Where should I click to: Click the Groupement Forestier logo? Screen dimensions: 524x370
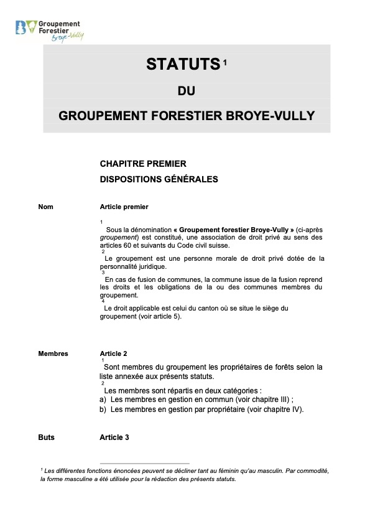coord(49,29)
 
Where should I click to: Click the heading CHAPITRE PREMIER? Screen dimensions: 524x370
coord(142,164)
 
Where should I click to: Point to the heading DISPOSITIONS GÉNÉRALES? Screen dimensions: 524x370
coord(159,179)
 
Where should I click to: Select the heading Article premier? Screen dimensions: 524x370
coord(124,207)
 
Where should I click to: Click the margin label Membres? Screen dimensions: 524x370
coord(53,353)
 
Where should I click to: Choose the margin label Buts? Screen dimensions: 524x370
coord(46,437)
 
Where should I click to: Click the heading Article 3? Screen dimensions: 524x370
coord(114,437)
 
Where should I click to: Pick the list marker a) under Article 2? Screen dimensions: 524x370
coord(103,400)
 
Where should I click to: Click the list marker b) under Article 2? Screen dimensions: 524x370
coord(103,409)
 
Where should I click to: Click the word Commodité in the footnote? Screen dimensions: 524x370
coord(311,471)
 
